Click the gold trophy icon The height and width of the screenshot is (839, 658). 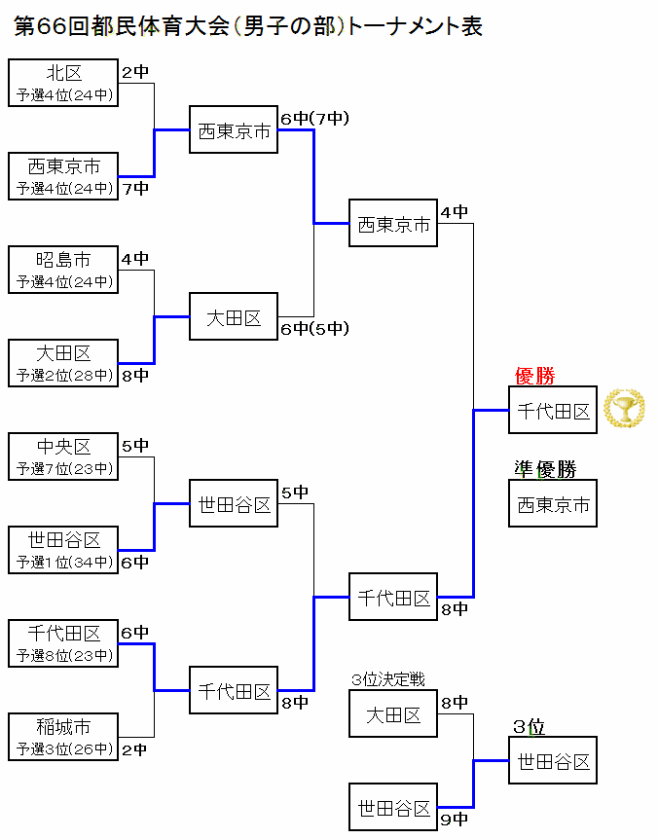(624, 409)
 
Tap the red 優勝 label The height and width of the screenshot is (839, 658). (534, 376)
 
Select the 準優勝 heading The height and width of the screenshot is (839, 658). (545, 469)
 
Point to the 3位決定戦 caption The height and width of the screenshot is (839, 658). (387, 679)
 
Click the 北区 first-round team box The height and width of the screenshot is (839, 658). (63, 83)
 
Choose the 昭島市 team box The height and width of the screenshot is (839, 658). (63, 270)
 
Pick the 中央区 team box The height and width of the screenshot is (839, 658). (63, 456)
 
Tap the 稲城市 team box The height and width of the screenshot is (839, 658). (63, 737)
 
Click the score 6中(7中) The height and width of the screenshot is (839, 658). (313, 119)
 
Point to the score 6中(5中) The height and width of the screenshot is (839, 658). (313, 328)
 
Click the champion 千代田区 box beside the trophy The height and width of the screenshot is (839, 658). (553, 411)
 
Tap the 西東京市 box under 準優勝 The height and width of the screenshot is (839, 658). (553, 504)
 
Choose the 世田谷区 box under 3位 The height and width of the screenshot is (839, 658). (553, 761)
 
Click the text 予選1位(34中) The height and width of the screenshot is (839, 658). (64, 562)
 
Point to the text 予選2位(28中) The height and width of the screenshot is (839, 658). (64, 375)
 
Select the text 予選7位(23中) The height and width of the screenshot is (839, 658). (64, 468)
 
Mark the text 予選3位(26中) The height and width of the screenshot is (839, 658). (64, 748)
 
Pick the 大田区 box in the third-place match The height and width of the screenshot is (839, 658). (393, 715)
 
